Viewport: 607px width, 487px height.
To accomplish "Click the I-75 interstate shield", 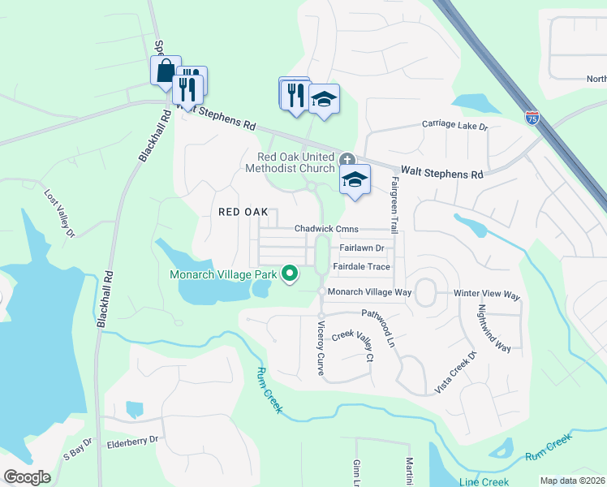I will pyautogui.click(x=532, y=118).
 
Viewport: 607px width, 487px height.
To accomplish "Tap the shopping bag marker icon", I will pyautogui.click(x=166, y=71).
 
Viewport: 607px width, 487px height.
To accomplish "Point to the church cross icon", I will pyautogui.click(x=347, y=159).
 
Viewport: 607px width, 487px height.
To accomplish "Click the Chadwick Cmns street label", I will pyautogui.click(x=326, y=230).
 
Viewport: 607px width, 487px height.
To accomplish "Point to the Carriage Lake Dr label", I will pyautogui.click(x=454, y=127).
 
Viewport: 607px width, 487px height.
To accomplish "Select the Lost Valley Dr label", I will pyautogui.click(x=59, y=214).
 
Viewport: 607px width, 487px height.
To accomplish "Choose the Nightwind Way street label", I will pyautogui.click(x=493, y=329).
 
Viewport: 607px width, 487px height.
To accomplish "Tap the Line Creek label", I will pyautogui.click(x=484, y=481).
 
